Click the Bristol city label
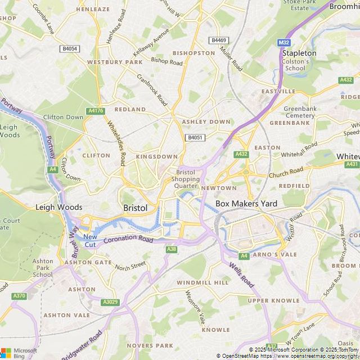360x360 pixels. (135, 208)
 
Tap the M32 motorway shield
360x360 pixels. (283, 42)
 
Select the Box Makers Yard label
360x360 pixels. (246, 204)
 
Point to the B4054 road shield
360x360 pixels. (70, 49)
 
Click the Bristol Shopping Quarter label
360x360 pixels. (186, 179)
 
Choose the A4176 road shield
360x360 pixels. (96, 111)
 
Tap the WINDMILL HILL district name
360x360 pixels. (202, 281)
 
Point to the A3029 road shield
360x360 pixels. (110, 302)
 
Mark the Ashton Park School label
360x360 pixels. (43, 268)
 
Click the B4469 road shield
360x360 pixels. (218, 40)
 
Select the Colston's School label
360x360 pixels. (295, 65)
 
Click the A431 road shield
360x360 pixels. (352, 164)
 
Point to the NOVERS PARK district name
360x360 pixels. (150, 345)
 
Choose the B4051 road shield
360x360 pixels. (194, 137)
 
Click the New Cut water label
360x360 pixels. (90, 240)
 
